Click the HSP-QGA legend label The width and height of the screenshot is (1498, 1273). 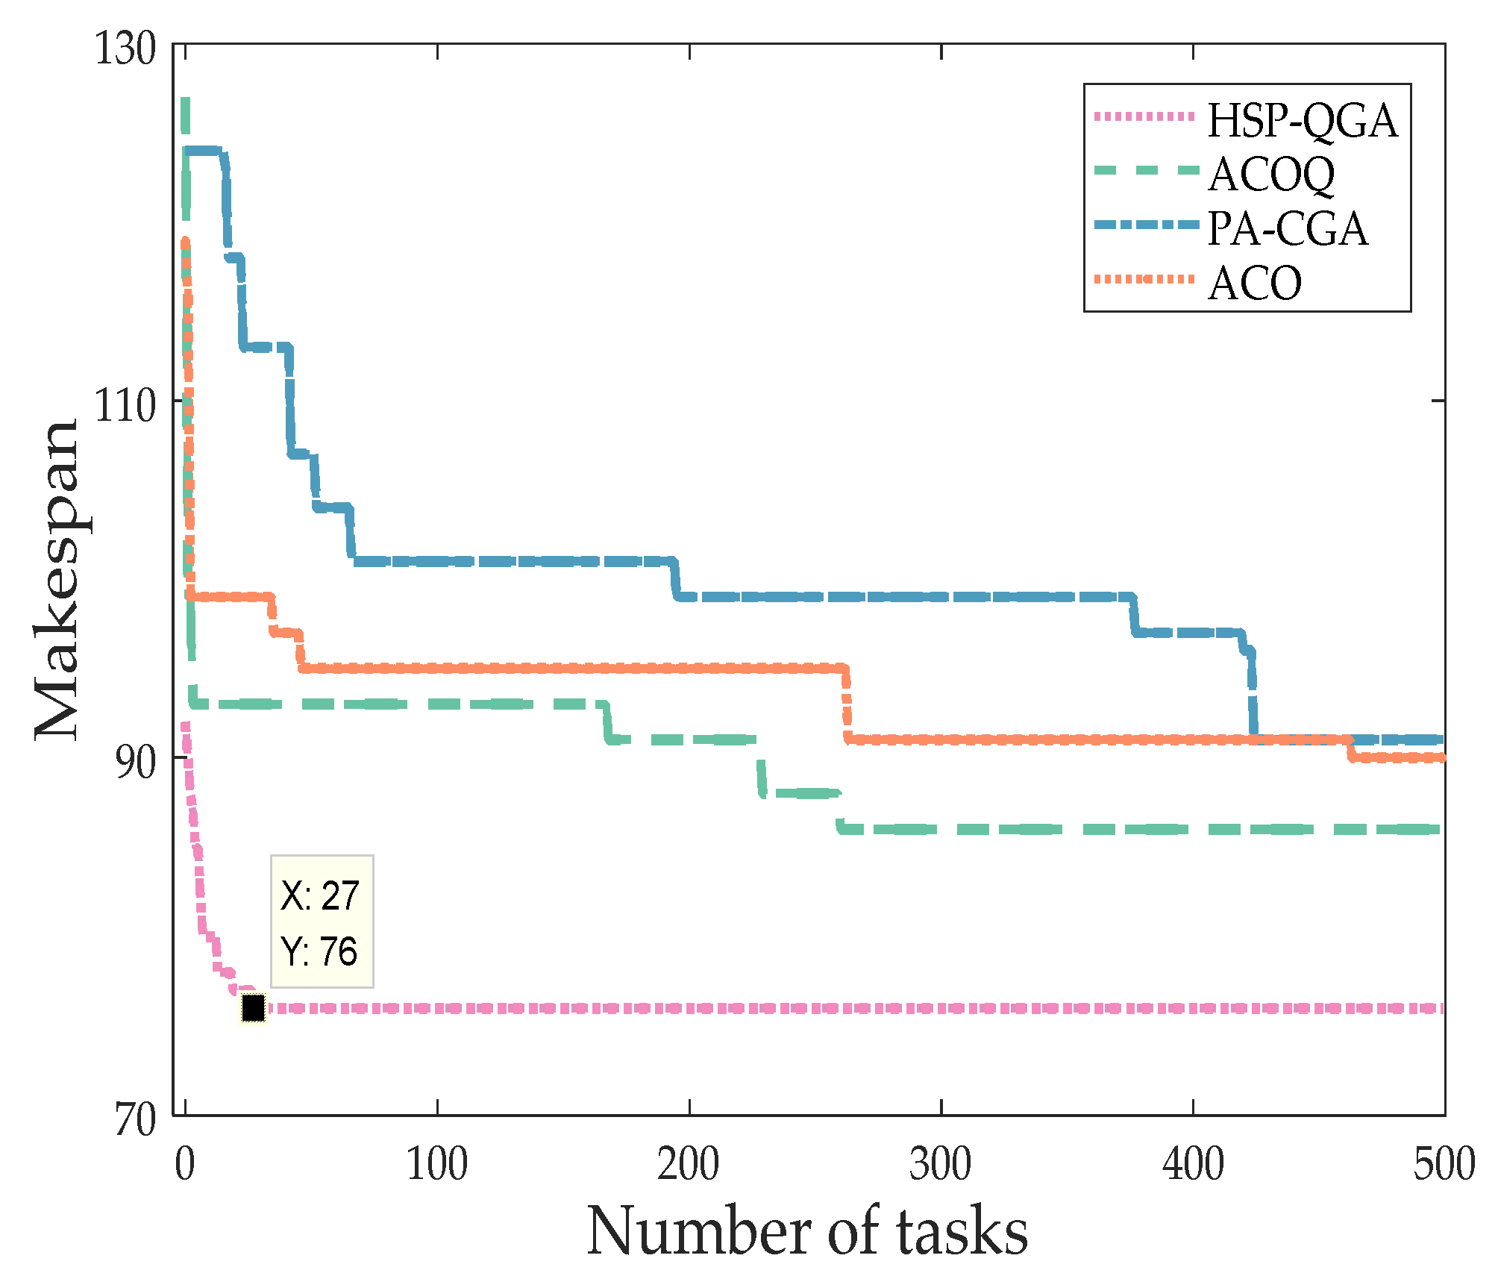[1302, 121]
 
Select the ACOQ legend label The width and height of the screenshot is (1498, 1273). [1271, 175]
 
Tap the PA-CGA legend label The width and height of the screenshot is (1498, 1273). [1288, 229]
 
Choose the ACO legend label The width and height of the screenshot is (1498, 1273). [1255, 284]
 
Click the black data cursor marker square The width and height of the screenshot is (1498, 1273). [254, 1008]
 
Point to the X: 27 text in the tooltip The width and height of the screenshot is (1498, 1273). [320, 895]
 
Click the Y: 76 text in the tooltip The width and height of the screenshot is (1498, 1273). [319, 951]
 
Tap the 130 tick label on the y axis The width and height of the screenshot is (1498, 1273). [125, 49]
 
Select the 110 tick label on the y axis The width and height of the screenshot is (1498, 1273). [125, 405]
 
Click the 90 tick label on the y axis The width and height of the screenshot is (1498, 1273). [135, 762]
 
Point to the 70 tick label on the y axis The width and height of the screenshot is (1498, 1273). [135, 1119]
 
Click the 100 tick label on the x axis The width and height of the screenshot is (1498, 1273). [437, 1164]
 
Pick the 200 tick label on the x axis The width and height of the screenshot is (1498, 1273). [689, 1164]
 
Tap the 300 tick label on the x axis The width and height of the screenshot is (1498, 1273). [941, 1164]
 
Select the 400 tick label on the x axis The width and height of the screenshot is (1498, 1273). [1193, 1164]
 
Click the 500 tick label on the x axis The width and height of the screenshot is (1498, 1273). [1444, 1164]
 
